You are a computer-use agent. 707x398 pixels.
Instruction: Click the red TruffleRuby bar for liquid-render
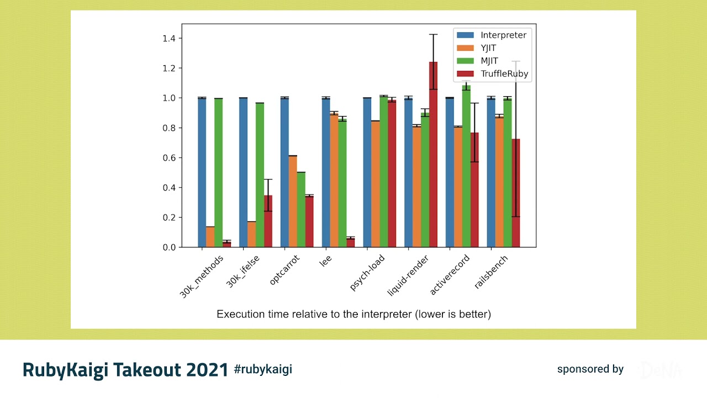click(x=433, y=155)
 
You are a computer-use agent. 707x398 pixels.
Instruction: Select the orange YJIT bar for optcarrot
click(x=293, y=201)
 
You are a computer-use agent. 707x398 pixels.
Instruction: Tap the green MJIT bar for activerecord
click(x=466, y=166)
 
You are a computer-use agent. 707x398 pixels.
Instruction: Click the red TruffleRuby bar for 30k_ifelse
click(x=268, y=221)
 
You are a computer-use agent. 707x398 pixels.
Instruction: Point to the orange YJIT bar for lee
click(x=334, y=180)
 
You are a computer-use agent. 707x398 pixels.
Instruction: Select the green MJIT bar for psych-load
click(x=383, y=171)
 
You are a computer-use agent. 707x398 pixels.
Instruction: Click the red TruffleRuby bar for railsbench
click(x=516, y=193)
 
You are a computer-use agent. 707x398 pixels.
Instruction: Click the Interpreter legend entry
click(x=503, y=35)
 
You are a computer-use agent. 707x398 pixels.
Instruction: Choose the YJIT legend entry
click(x=488, y=48)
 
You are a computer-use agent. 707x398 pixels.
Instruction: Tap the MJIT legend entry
click(x=489, y=61)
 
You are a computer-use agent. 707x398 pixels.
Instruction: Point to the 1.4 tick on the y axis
click(x=168, y=39)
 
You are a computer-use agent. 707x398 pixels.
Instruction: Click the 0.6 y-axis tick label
click(x=168, y=158)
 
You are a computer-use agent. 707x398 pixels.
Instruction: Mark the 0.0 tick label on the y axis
click(x=168, y=248)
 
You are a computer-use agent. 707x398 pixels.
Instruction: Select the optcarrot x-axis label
click(x=286, y=270)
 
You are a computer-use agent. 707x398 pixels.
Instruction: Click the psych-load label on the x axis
click(x=368, y=273)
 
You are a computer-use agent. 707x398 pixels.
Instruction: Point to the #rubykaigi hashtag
click(x=263, y=369)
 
